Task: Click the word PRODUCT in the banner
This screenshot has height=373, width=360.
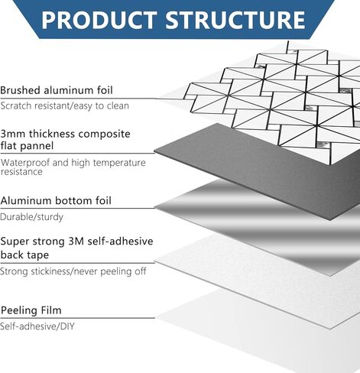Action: (x=99, y=20)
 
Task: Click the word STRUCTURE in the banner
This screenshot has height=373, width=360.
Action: (x=235, y=20)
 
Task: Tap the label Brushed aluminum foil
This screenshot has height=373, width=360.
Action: (x=57, y=90)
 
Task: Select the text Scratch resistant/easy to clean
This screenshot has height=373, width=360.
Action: (x=65, y=105)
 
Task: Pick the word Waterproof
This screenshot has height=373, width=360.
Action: (x=25, y=163)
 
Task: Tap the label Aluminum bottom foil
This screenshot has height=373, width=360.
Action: (x=56, y=200)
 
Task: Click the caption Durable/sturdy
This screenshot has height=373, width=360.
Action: (x=31, y=217)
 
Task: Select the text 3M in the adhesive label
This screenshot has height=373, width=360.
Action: (x=76, y=241)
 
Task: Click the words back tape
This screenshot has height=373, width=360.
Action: (x=24, y=255)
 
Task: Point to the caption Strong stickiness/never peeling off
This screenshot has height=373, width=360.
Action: (x=73, y=271)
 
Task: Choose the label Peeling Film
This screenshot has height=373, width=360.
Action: (x=31, y=310)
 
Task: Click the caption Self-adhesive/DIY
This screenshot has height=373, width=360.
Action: (x=37, y=326)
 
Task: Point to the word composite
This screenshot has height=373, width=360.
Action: (x=104, y=135)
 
